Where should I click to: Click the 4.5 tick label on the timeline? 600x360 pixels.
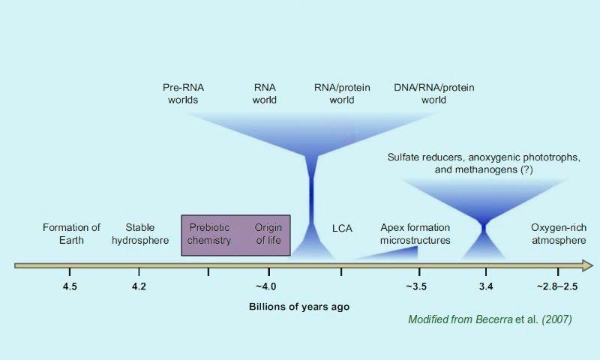70,286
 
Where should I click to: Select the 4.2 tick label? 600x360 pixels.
139,286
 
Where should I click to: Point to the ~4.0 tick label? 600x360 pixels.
266,286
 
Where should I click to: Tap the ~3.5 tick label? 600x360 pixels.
416,286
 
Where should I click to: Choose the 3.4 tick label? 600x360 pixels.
486,286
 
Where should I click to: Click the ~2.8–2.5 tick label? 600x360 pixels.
557,286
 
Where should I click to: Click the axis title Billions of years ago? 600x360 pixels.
299,307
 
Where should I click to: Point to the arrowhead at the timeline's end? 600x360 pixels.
588,265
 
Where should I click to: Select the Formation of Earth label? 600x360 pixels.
71,234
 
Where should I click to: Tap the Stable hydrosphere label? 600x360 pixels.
140,234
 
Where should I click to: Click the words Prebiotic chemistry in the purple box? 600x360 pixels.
209,234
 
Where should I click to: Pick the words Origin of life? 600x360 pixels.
268,234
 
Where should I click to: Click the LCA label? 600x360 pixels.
342,229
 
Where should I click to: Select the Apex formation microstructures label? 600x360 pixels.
415,234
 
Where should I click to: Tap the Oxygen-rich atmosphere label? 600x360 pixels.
559,234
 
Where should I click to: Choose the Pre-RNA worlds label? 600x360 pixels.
183,94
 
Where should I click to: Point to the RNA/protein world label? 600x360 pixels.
342,94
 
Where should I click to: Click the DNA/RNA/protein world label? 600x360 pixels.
434,94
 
